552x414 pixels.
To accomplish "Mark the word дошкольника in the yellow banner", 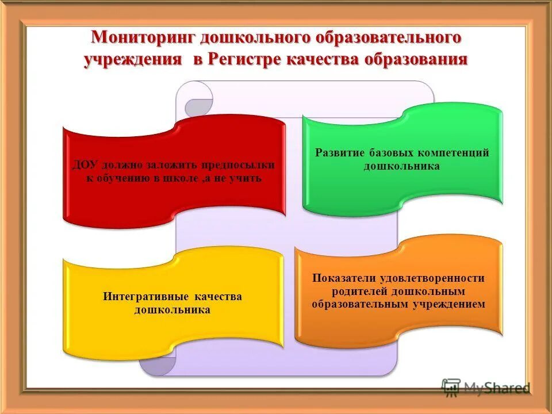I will pos(172,309).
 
